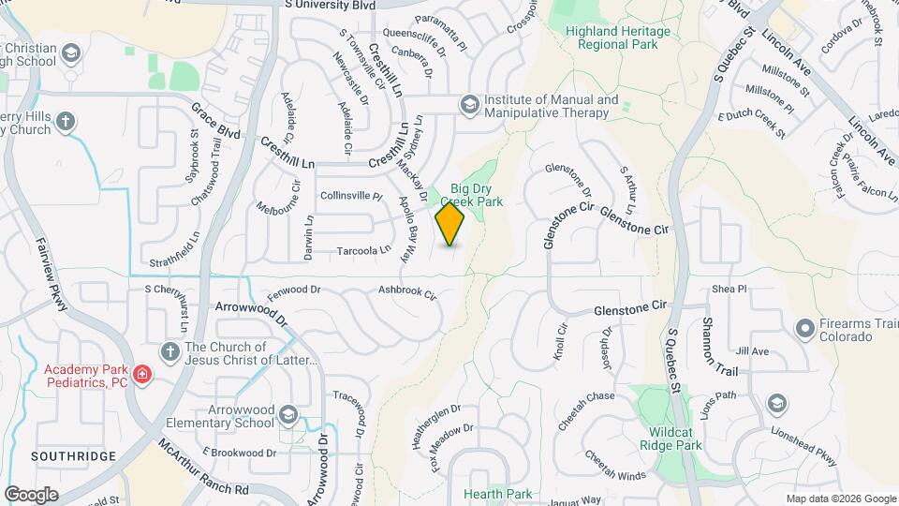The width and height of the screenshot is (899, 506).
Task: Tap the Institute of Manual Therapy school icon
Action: [x=467, y=103]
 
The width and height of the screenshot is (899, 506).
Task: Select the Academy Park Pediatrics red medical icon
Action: [x=141, y=376]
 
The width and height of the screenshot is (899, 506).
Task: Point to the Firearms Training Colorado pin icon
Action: [x=803, y=328]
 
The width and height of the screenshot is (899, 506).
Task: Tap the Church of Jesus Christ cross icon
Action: [x=169, y=351]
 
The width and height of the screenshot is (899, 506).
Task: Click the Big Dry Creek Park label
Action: [x=477, y=195]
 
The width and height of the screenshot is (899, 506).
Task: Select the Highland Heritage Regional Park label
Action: [x=618, y=37]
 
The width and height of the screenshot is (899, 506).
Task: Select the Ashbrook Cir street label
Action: [x=407, y=293]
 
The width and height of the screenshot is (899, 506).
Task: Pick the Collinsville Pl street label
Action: [x=352, y=197]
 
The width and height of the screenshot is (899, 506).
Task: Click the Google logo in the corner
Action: [x=31, y=494]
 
